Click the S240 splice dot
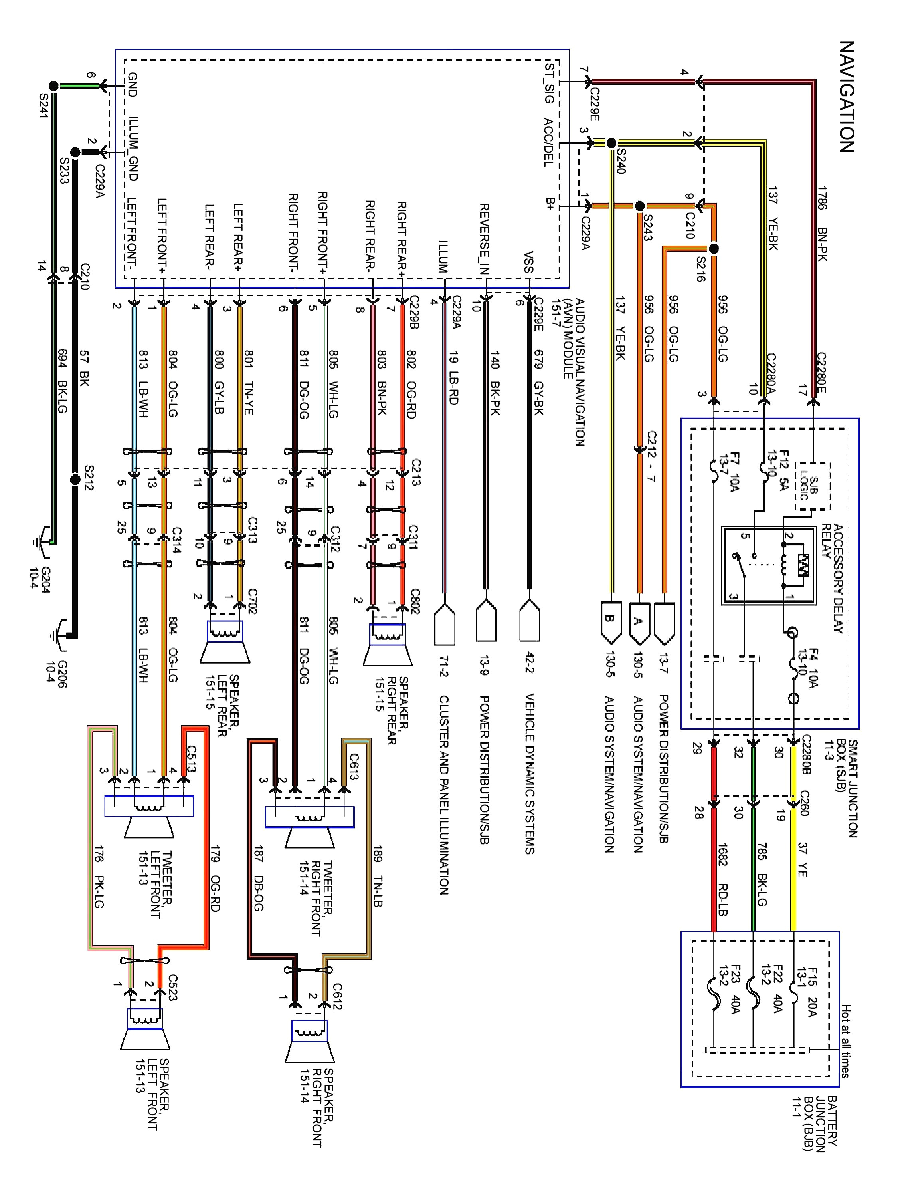(611, 143)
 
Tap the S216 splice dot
(714, 249)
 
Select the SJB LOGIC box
(812, 486)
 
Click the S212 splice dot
(76, 479)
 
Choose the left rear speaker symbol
(225, 642)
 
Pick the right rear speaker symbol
(388, 645)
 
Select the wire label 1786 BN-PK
(822, 223)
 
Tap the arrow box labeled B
(609, 620)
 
